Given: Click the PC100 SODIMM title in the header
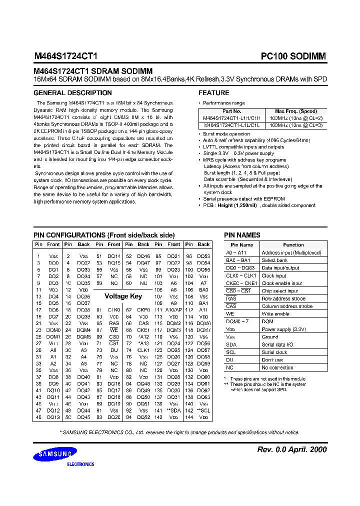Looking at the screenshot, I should coord(293,56).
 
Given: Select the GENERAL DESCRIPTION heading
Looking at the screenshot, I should coord(72,93).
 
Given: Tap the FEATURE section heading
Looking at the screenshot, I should coord(214,93).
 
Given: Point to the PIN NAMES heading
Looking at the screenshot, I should coord(242,235).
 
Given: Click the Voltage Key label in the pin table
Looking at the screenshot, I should coord(123,296).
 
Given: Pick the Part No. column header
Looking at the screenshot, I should coord(231,111).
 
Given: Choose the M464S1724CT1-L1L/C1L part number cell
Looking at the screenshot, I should coord(231,125).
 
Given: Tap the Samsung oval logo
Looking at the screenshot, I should coord(55,454).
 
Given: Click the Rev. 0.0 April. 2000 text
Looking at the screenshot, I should coord(291,449).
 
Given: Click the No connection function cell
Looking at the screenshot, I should coord(277,367).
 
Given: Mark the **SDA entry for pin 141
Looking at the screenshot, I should coord(173,410).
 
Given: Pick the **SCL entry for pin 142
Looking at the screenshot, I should coord(203,410).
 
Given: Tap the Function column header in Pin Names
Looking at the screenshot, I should coord(293,245).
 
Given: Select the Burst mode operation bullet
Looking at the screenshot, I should coord(226,134).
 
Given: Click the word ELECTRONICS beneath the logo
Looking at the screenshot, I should coord(80,464).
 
